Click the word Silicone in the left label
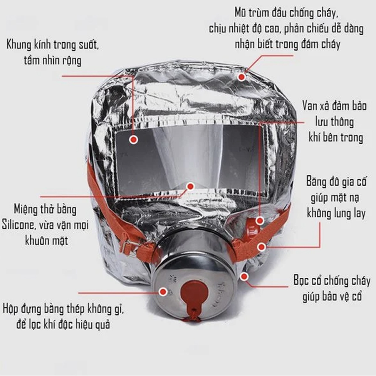(x=18, y=225)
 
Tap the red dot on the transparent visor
(x=134, y=140)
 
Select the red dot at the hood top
(x=242, y=77)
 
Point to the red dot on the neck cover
(x=244, y=276)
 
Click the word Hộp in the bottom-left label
(x=11, y=310)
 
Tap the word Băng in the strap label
(x=315, y=182)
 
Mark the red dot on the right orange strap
(x=261, y=247)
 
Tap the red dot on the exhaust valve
(x=260, y=221)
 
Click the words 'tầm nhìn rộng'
(x=53, y=61)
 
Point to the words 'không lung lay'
(x=336, y=213)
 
